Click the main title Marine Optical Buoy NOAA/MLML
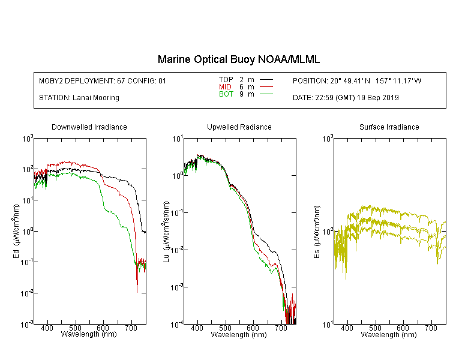click(x=238, y=59)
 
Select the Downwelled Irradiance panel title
click(x=89, y=127)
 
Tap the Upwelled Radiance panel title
click(x=239, y=127)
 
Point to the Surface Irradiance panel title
click(x=389, y=127)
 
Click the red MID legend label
click(x=225, y=86)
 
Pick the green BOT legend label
click(x=226, y=94)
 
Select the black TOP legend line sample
click(x=266, y=80)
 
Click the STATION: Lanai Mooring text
click(x=79, y=98)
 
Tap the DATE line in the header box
click(x=346, y=98)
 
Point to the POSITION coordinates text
click(x=357, y=80)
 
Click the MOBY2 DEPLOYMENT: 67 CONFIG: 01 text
click(x=103, y=80)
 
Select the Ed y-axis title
click(x=16, y=231)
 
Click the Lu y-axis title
click(x=166, y=232)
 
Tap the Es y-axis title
click(x=316, y=232)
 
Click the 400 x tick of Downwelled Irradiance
click(x=47, y=328)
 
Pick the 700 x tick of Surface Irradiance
click(x=431, y=328)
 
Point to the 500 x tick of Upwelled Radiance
click(x=225, y=328)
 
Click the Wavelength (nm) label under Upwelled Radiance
click(x=239, y=334)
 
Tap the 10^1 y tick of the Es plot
click(x=328, y=325)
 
